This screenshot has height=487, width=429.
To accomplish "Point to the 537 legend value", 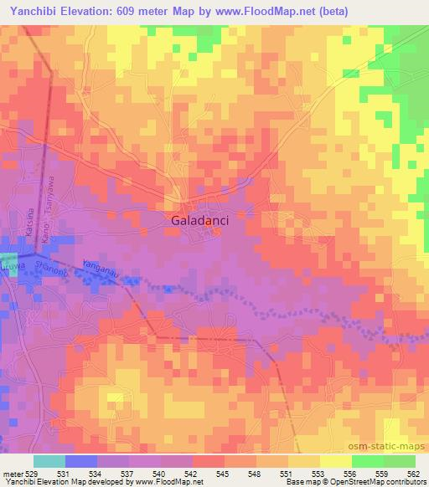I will (127, 474).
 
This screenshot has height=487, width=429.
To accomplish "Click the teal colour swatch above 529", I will (49, 461).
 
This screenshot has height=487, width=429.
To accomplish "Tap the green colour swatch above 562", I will (400, 461).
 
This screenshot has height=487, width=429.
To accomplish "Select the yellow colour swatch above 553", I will (304, 461).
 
